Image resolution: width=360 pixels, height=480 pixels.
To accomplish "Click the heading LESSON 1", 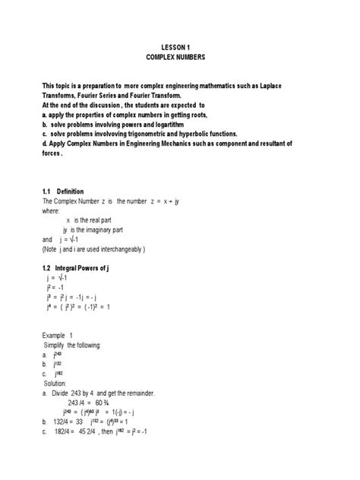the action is [x=179, y=46].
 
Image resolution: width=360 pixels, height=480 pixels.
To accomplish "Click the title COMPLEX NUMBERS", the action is [x=179, y=57].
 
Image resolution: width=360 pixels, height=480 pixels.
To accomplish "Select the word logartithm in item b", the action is [x=172, y=122].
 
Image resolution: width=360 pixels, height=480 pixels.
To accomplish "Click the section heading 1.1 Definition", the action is [x=64, y=191].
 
